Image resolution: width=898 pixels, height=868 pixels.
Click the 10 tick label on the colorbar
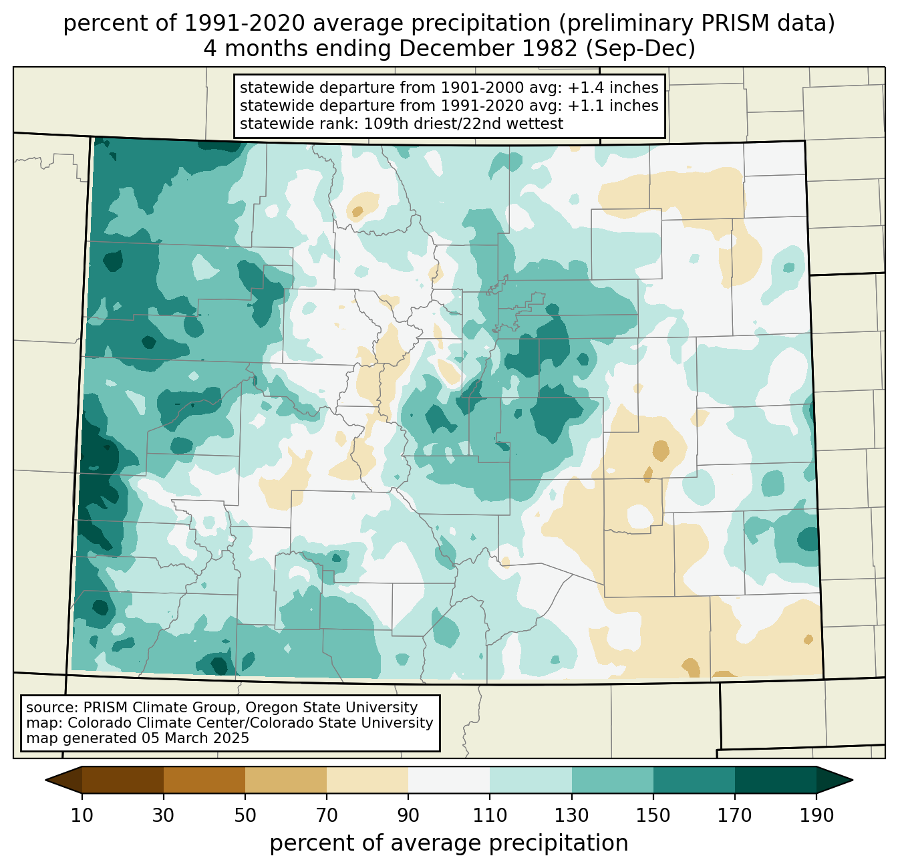tap(82, 816)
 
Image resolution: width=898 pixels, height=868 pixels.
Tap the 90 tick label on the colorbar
tap(408, 816)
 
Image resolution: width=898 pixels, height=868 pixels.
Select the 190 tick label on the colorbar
tap(816, 816)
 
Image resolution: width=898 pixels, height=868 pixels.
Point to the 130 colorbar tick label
tap(572, 816)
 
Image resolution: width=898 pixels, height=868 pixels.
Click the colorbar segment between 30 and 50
tap(204, 780)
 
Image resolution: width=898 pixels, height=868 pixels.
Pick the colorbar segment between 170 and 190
tap(775, 780)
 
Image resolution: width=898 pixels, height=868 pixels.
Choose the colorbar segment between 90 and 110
tap(449, 780)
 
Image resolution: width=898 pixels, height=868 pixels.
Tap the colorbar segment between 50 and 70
tap(286, 780)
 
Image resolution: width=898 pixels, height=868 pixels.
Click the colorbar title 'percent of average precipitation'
tap(449, 843)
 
